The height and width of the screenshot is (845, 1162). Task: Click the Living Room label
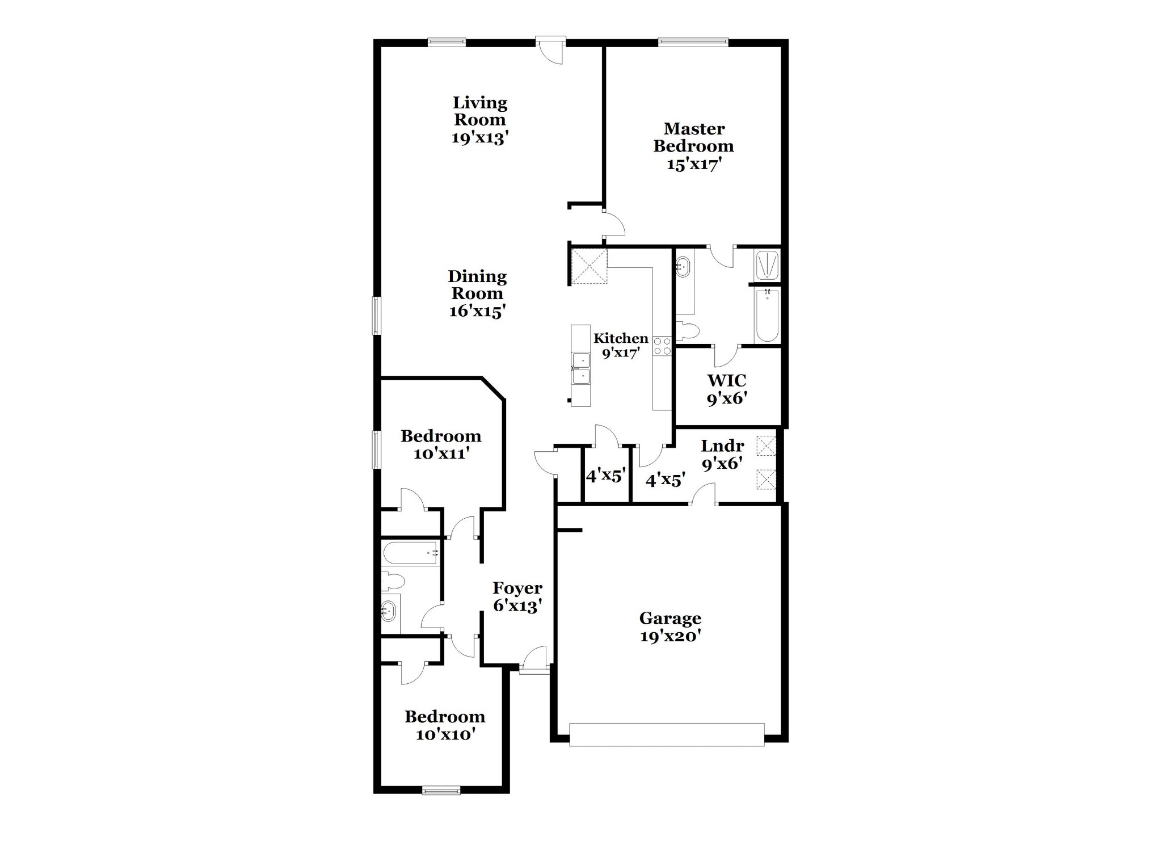pos(479,112)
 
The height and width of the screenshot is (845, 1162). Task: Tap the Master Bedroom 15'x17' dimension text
pos(694,164)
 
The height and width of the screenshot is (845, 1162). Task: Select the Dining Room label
pos(477,285)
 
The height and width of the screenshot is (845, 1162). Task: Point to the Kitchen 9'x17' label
pos(621,346)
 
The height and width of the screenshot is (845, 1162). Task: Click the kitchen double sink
pos(581,368)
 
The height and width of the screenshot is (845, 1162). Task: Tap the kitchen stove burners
pos(662,346)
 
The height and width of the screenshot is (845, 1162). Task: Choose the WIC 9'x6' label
pos(726,389)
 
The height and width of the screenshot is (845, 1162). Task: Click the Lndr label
pos(722,445)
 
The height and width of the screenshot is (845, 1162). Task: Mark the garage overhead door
pos(667,734)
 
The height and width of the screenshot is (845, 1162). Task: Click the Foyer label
pos(517,587)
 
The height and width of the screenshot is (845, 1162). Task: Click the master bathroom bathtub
pos(767,315)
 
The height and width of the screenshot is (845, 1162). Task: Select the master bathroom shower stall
pos(767,265)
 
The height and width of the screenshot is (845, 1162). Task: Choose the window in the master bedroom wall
pos(693,41)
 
